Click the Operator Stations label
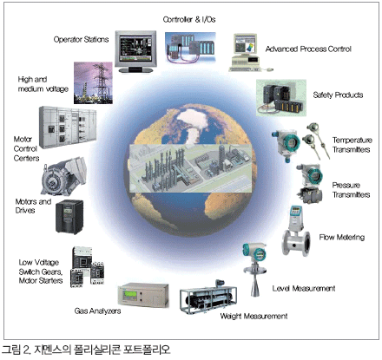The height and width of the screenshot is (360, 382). click(x=81, y=39)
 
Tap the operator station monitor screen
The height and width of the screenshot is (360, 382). click(x=135, y=49)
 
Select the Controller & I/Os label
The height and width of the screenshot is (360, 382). click(x=189, y=19)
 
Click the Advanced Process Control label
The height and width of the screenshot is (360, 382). click(x=308, y=49)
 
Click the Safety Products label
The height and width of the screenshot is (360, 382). click(x=338, y=95)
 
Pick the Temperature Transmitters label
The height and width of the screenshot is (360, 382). click(x=352, y=145)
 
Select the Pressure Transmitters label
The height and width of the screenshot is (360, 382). click(x=351, y=190)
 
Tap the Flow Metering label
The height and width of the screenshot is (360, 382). click(x=342, y=237)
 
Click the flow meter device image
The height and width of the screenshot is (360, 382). click(x=296, y=232)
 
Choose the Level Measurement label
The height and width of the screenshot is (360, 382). click(x=304, y=288)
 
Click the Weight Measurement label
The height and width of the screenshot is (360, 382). click(x=254, y=316)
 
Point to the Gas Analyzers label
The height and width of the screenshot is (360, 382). click(x=97, y=311)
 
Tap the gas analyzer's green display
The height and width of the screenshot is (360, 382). click(x=130, y=295)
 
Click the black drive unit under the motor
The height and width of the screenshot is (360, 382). click(x=69, y=216)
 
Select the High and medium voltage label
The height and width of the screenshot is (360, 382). click(x=43, y=84)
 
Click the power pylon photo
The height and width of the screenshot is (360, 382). click(x=93, y=83)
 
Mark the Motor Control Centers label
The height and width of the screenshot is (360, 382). click(x=26, y=148)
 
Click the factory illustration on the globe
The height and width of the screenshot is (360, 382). click(x=190, y=168)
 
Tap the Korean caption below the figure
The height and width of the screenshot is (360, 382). click(x=86, y=350)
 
